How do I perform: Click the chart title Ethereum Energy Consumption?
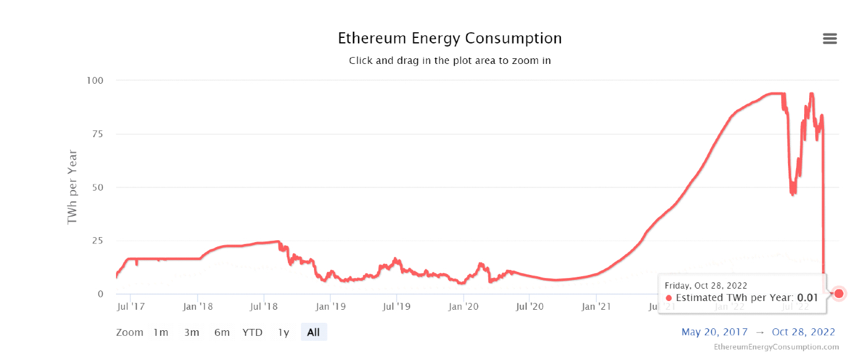click(x=449, y=38)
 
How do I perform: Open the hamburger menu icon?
click(x=830, y=38)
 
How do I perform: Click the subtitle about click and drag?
click(x=449, y=61)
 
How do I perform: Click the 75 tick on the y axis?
click(x=97, y=134)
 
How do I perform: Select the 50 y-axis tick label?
click(x=97, y=187)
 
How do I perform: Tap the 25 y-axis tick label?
click(x=97, y=241)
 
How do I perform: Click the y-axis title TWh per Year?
click(x=73, y=187)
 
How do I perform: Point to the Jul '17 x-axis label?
click(x=131, y=306)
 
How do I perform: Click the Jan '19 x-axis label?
click(x=331, y=306)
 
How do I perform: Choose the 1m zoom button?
click(x=161, y=333)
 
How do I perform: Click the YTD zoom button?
click(x=253, y=333)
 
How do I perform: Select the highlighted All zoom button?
click(x=313, y=333)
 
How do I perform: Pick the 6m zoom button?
click(x=222, y=333)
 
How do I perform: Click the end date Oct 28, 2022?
click(x=803, y=332)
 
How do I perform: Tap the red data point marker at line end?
click(x=839, y=294)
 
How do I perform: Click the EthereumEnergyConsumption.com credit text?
click(x=776, y=347)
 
